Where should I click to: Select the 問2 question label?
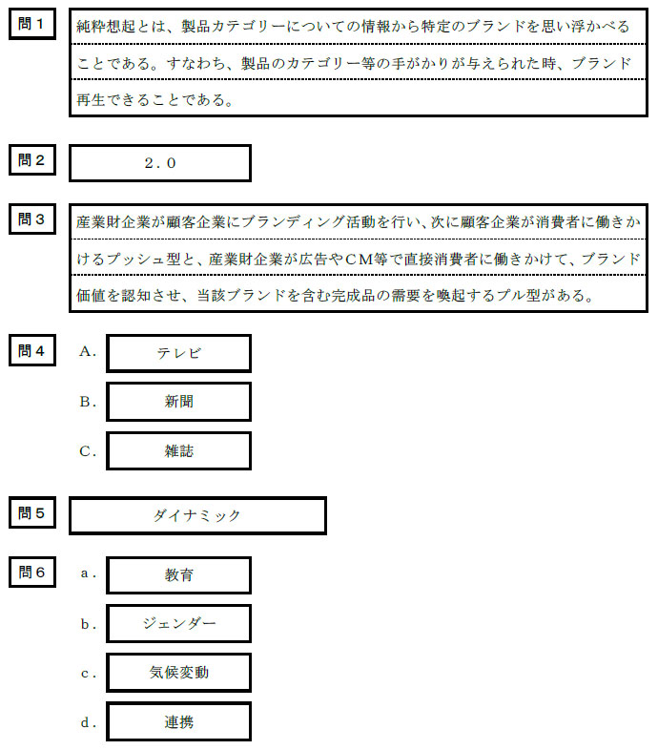coord(32,159)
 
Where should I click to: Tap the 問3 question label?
coord(32,219)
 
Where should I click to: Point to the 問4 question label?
coord(32,349)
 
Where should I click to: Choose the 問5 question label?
coord(32,512)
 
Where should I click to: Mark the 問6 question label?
coord(32,572)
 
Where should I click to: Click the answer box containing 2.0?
coord(160,163)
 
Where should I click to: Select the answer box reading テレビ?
coord(178,353)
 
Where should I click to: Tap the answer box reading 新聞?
coord(178,402)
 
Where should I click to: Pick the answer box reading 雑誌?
coord(178,451)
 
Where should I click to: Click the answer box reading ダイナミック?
coord(197,515)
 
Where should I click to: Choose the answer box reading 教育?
coord(178,575)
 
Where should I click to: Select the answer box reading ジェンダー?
coord(178,624)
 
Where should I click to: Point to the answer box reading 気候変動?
coord(178,673)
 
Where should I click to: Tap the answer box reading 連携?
coord(178,722)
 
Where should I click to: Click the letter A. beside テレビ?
coord(89,352)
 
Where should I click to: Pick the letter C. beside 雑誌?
coord(89,451)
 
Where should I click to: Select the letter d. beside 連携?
coord(89,722)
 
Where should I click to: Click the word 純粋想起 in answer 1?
coord(107,27)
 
